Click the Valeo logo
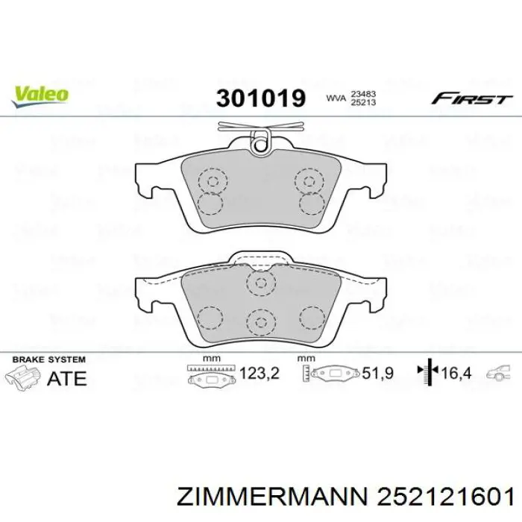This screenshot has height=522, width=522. [40, 94]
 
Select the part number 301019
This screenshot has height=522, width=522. [261, 98]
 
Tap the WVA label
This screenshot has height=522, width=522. [336, 98]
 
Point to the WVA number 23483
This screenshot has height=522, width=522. [363, 93]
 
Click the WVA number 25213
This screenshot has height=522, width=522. [363, 102]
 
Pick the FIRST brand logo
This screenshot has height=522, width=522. [472, 98]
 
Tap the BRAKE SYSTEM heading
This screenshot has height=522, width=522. [50, 359]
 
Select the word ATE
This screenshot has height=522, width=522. [66, 378]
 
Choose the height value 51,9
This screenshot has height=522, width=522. [378, 373]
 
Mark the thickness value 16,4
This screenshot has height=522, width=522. [456, 373]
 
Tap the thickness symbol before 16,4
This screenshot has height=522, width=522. [428, 372]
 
